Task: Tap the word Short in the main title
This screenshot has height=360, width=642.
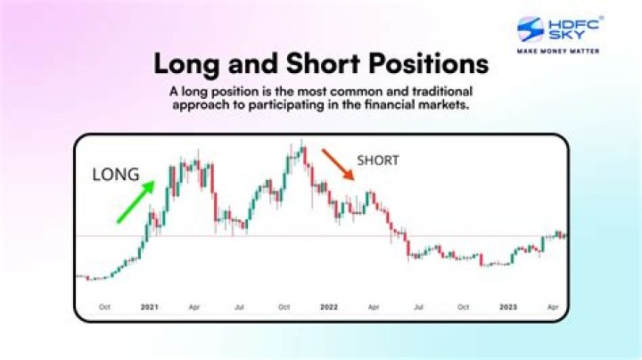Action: [x=323, y=65]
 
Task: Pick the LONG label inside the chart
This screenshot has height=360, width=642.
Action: [x=116, y=176]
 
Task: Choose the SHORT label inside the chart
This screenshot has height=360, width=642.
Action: [x=378, y=160]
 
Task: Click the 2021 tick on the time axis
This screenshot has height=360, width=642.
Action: [x=149, y=307]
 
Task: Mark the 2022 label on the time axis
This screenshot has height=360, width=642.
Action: [x=329, y=307]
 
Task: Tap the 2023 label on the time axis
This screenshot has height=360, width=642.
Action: [x=509, y=307]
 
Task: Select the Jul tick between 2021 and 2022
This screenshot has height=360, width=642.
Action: [x=239, y=307]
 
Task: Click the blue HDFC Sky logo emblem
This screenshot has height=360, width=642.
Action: [x=531, y=29]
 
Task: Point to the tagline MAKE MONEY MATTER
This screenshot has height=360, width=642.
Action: [x=558, y=51]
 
